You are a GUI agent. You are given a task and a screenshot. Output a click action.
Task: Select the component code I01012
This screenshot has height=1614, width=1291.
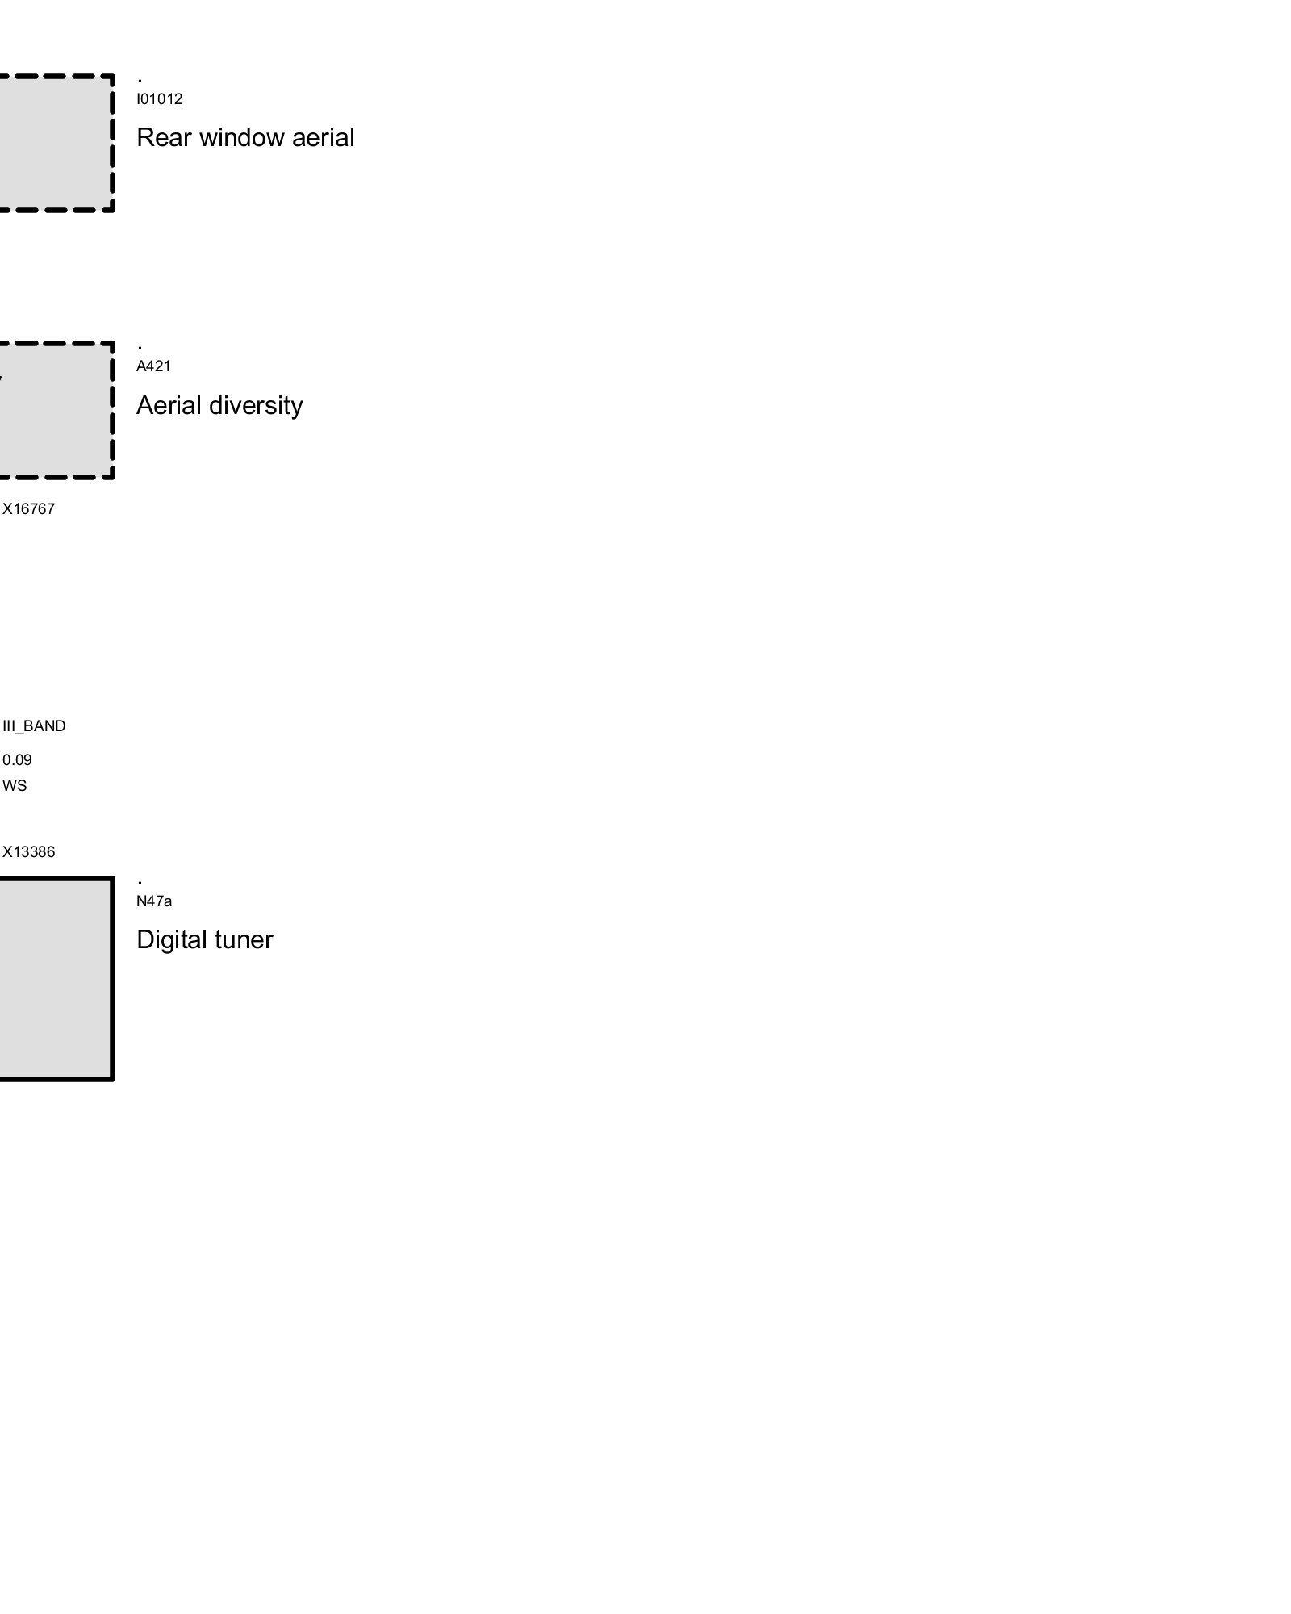click(x=159, y=99)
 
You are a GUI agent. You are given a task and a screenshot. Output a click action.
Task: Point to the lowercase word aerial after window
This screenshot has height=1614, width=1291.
click(x=323, y=138)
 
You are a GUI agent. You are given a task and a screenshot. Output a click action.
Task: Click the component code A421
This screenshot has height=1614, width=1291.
click(x=153, y=366)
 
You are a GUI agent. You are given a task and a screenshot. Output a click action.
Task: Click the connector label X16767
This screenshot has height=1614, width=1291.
click(x=28, y=509)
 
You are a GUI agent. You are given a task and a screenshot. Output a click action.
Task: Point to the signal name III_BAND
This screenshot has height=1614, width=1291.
click(x=34, y=726)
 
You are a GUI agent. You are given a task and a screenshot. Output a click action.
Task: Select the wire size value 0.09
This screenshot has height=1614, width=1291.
click(x=17, y=760)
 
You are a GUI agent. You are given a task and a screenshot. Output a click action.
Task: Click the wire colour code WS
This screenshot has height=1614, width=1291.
click(x=15, y=786)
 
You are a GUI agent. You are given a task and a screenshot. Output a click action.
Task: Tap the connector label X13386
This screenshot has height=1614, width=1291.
click(x=28, y=852)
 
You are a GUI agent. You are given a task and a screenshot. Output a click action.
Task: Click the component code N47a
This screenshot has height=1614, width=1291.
click(x=153, y=901)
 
